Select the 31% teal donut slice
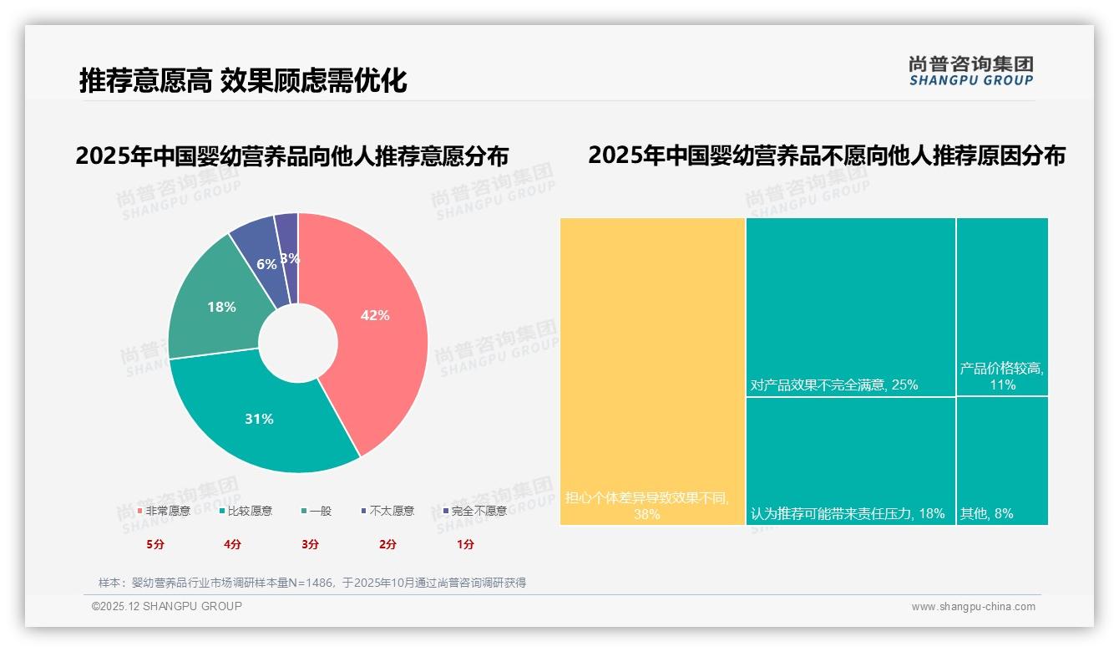(259, 418)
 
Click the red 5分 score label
(155, 544)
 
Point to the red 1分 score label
(465, 544)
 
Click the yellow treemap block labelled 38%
(651, 368)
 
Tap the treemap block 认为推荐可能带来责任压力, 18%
(850, 460)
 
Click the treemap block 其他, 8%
(1001, 460)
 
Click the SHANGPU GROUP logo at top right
(970, 71)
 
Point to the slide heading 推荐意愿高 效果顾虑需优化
(243, 80)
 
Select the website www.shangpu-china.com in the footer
(973, 607)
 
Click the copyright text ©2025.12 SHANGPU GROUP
(167, 606)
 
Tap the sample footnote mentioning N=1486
(311, 583)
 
